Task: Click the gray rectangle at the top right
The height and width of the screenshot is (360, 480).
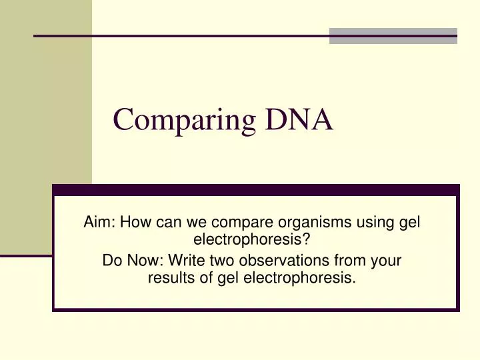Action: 393,36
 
